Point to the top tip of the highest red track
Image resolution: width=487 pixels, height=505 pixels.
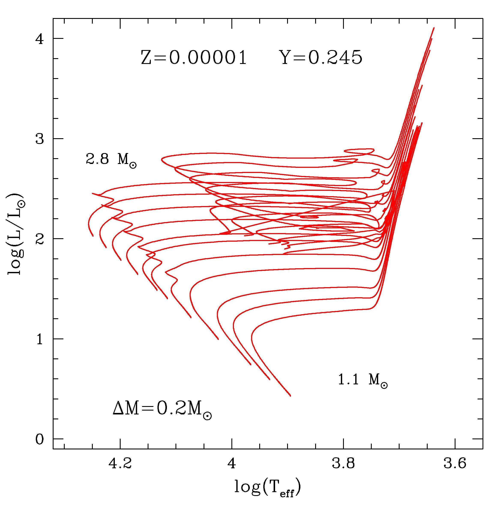point(434,27)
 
